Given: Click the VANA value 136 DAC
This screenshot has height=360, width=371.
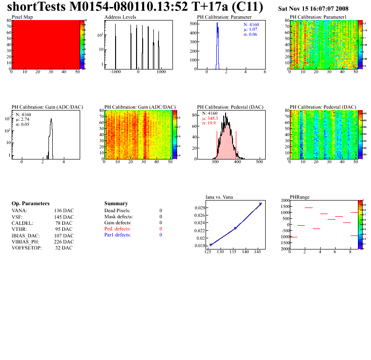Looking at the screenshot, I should tap(64, 211).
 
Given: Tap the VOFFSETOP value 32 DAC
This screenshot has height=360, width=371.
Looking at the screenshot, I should tap(64, 248).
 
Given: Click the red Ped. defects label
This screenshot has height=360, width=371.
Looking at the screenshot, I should tap(118, 229).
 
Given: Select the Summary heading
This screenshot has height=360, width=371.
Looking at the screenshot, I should tap(116, 204).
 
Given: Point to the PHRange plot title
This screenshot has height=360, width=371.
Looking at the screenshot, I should tap(300, 197).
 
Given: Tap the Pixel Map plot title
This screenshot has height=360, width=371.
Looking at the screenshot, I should tap(22, 17).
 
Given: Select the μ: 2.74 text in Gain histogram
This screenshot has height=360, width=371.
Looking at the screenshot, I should tap(26, 119).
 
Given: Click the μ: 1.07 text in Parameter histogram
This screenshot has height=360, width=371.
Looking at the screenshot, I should tap(251, 29).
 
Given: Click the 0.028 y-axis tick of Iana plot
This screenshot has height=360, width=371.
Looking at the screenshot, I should tap(199, 208).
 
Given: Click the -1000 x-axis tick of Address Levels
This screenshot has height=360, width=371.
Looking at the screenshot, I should tap(115, 72).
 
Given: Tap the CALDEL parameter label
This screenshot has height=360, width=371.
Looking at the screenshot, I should tap(21, 223).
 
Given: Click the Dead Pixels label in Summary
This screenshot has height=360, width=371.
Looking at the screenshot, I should tap(117, 211).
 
